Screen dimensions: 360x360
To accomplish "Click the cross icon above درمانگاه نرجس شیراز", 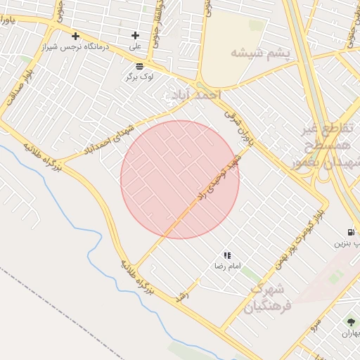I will pyautogui.click(x=75, y=36).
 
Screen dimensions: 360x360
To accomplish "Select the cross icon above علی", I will pyautogui.click(x=135, y=35).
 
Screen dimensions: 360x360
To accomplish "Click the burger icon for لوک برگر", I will pyautogui.click(x=139, y=65).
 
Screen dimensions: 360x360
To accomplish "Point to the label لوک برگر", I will pyautogui.click(x=139, y=76).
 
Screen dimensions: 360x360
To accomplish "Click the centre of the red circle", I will pyautogui.click(x=180, y=179).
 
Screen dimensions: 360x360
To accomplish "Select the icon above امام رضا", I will pyautogui.click(x=227, y=255).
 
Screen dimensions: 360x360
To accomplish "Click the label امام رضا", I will pyautogui.click(x=227, y=266).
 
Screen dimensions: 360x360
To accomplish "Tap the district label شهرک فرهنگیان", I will pyautogui.click(x=265, y=298).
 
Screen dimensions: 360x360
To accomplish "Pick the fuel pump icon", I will pyautogui.click(x=350, y=233).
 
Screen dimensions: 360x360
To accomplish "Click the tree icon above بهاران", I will pyautogui.click(x=350, y=322).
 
